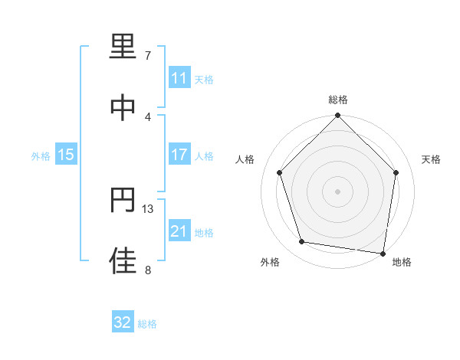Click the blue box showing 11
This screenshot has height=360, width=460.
click(179, 78)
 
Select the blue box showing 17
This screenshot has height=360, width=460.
click(179, 155)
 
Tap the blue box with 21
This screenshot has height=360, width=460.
click(179, 231)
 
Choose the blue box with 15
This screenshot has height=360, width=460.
click(66, 155)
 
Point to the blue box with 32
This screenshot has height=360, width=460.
click(123, 322)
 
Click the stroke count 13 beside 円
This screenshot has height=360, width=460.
click(149, 208)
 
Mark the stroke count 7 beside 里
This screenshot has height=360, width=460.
click(147, 56)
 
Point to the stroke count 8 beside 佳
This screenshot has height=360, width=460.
click(147, 269)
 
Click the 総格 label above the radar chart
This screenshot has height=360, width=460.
click(338, 100)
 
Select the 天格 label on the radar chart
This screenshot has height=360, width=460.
click(432, 159)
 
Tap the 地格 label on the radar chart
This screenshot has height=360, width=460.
click(402, 262)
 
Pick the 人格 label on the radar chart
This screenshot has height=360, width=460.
click(245, 159)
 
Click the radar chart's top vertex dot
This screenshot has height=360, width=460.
click(338, 116)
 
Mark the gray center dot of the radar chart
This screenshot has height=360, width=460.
click(338, 191)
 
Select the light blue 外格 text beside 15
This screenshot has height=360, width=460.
click(41, 156)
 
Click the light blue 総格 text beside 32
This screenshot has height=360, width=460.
click(147, 324)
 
